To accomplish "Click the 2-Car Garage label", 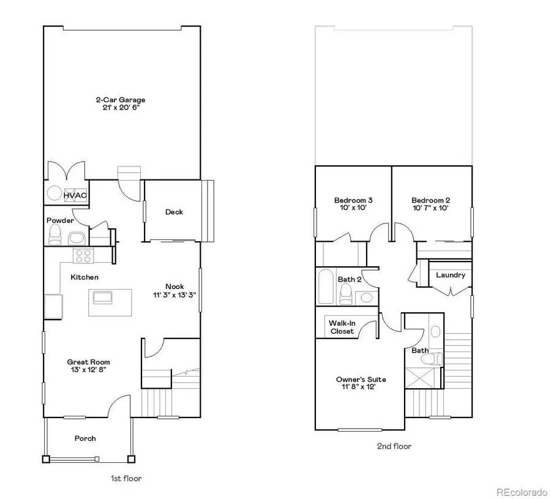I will [x=120, y=100].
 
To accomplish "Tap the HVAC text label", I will [x=75, y=195].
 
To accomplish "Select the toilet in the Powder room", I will [x=55, y=234].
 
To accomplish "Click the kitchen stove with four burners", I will [x=82, y=255].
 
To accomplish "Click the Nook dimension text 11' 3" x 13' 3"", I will [x=174, y=295].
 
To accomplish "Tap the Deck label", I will [x=174, y=212].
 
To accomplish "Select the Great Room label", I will [x=89, y=362].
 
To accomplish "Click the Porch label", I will [x=85, y=438].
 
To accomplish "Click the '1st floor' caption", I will [x=125, y=478].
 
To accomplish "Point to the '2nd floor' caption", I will [x=394, y=446].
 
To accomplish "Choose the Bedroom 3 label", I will [x=353, y=200].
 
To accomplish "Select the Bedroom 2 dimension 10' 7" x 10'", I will [x=430, y=208].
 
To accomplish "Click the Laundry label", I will [x=451, y=275].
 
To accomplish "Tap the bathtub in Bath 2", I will [x=326, y=287].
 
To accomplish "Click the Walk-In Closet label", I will [x=342, y=327].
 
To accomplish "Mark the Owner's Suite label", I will [x=361, y=380].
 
